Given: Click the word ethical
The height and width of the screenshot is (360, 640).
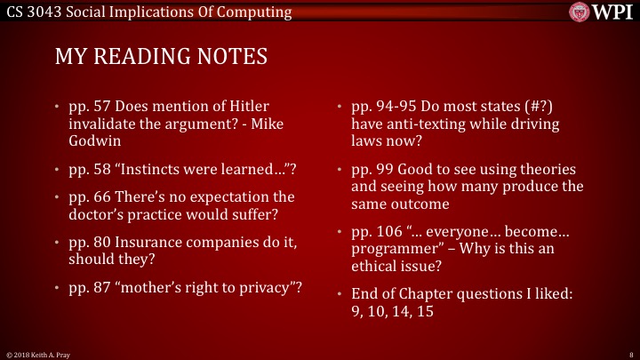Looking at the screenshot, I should (x=378, y=266).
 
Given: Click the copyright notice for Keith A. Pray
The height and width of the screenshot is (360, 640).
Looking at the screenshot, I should (x=36, y=353).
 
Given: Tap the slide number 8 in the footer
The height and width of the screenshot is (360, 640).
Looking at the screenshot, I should (x=629, y=353).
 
